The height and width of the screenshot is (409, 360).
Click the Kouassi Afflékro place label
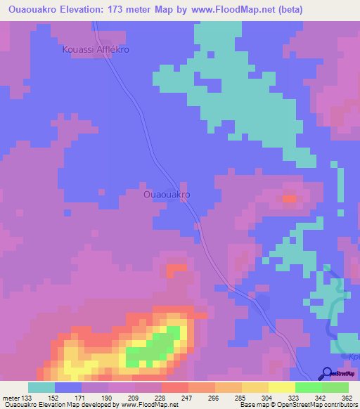coord(96,51)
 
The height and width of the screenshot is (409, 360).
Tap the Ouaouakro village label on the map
coord(167,194)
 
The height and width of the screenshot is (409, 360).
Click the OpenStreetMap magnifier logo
coord(327,374)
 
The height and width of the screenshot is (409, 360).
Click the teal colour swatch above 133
coord(41,387)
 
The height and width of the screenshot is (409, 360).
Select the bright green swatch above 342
coord(308,387)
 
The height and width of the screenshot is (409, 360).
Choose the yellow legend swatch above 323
coord(281,387)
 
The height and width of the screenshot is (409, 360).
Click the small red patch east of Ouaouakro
coord(289,199)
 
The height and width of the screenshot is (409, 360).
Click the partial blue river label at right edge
coord(354,357)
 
